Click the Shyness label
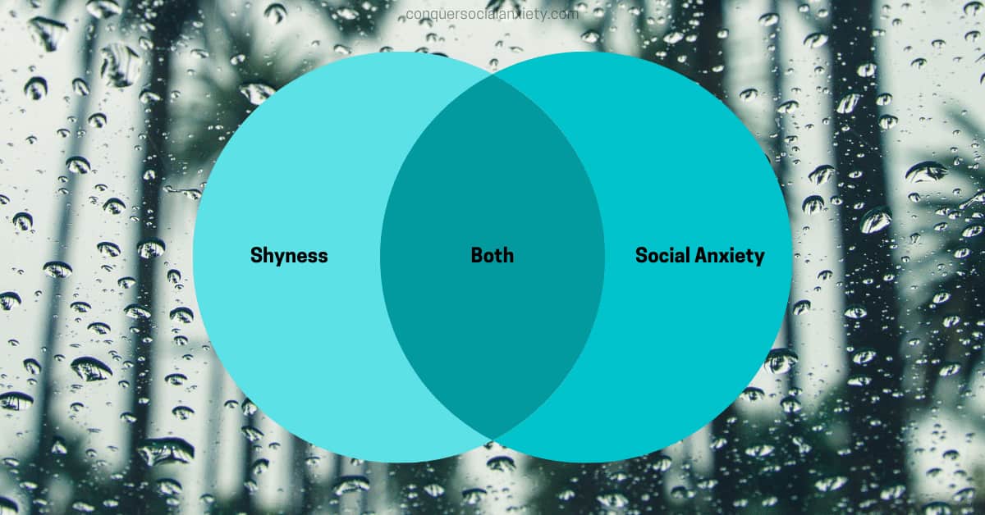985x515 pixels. [289, 255]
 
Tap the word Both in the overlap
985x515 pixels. [492, 255]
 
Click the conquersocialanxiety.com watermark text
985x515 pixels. [492, 15]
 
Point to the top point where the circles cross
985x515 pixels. [492, 75]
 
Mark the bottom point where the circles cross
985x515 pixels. [492, 439]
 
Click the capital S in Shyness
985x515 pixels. [256, 255]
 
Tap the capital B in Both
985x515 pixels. [477, 255]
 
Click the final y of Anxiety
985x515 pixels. [759, 259]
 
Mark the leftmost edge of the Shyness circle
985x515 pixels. [193, 257]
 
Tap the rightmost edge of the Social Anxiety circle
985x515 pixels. [792, 257]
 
